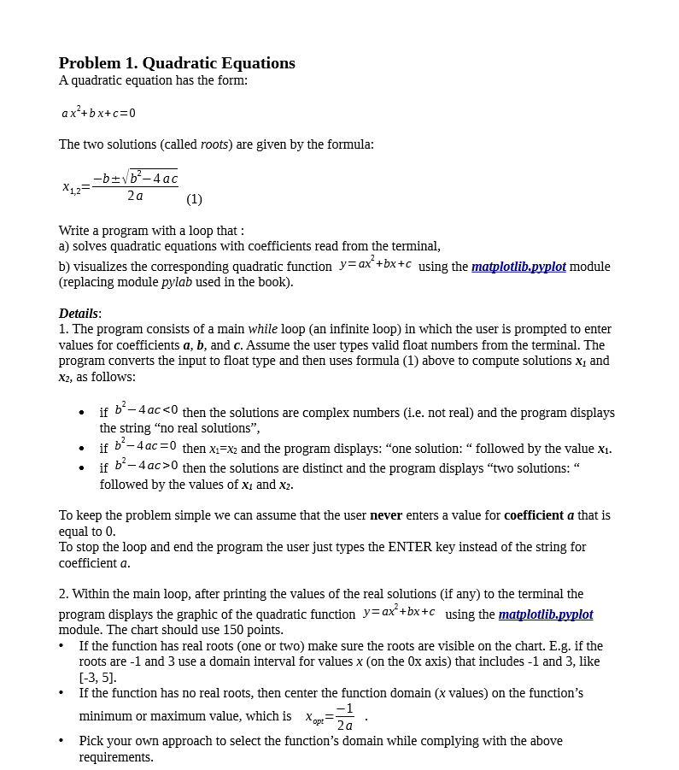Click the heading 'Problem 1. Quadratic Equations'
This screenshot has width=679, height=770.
[177, 63]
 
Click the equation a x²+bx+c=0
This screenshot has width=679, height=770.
[98, 113]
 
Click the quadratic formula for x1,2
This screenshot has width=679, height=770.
[120, 185]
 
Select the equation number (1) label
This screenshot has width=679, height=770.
[194, 199]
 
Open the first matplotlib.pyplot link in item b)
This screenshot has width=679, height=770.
[518, 267]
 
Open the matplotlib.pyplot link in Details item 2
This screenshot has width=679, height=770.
[545, 614]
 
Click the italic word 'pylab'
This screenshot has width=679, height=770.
[177, 282]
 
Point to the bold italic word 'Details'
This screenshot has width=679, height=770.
[79, 314]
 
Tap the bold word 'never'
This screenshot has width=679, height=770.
[386, 515]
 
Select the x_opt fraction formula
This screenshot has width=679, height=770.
[331, 717]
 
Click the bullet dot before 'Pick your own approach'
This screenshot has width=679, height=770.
[62, 741]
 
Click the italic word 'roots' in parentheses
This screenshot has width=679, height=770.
[214, 144]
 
